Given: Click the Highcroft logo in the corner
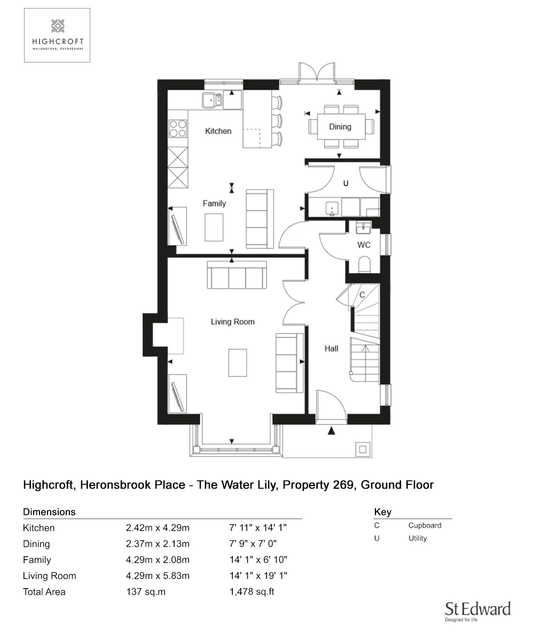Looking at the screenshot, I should (x=57, y=35).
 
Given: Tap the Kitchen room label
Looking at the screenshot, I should (x=218, y=131).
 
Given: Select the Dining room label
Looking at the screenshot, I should (x=340, y=127).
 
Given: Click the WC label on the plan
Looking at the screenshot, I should (x=364, y=245).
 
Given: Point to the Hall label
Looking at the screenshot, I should (x=331, y=349).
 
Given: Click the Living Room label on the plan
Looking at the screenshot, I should (x=232, y=321).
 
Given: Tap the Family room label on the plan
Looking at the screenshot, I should (x=214, y=203).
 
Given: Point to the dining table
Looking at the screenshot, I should (x=341, y=127).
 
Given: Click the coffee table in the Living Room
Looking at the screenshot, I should (x=237, y=363).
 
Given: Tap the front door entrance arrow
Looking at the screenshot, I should (x=332, y=430).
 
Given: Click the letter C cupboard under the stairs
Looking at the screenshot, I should (x=362, y=295).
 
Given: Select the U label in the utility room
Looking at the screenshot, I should (x=345, y=183).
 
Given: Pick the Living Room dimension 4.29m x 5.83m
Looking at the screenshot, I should (x=158, y=576).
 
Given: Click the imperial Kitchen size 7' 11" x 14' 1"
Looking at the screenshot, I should (x=258, y=528).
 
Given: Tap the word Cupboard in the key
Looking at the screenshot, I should (x=425, y=525).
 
